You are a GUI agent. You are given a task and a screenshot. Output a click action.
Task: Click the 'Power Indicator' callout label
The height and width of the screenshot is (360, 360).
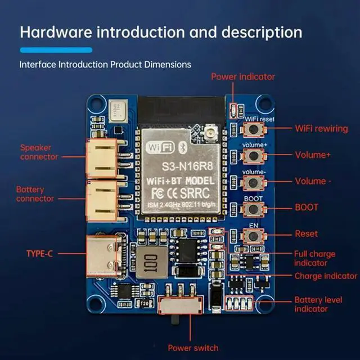[x=243, y=76]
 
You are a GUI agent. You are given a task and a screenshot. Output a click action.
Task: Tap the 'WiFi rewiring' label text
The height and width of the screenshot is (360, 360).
[x=321, y=128]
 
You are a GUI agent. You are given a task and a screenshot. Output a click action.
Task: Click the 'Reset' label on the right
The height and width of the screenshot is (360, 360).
[x=306, y=233]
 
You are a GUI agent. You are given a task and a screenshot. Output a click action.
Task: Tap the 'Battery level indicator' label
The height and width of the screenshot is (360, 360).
[x=318, y=304]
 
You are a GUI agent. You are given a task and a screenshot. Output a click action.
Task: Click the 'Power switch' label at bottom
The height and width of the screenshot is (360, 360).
[x=193, y=347]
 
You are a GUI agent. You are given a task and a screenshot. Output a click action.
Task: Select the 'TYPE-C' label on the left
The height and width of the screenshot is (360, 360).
[x=39, y=254]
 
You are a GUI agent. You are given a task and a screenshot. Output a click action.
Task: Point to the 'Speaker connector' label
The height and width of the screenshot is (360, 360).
[x=39, y=152]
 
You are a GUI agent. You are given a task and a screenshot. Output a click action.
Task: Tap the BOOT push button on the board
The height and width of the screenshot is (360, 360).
[x=253, y=209]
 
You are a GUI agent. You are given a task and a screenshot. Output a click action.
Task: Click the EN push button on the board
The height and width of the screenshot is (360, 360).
[x=253, y=235]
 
